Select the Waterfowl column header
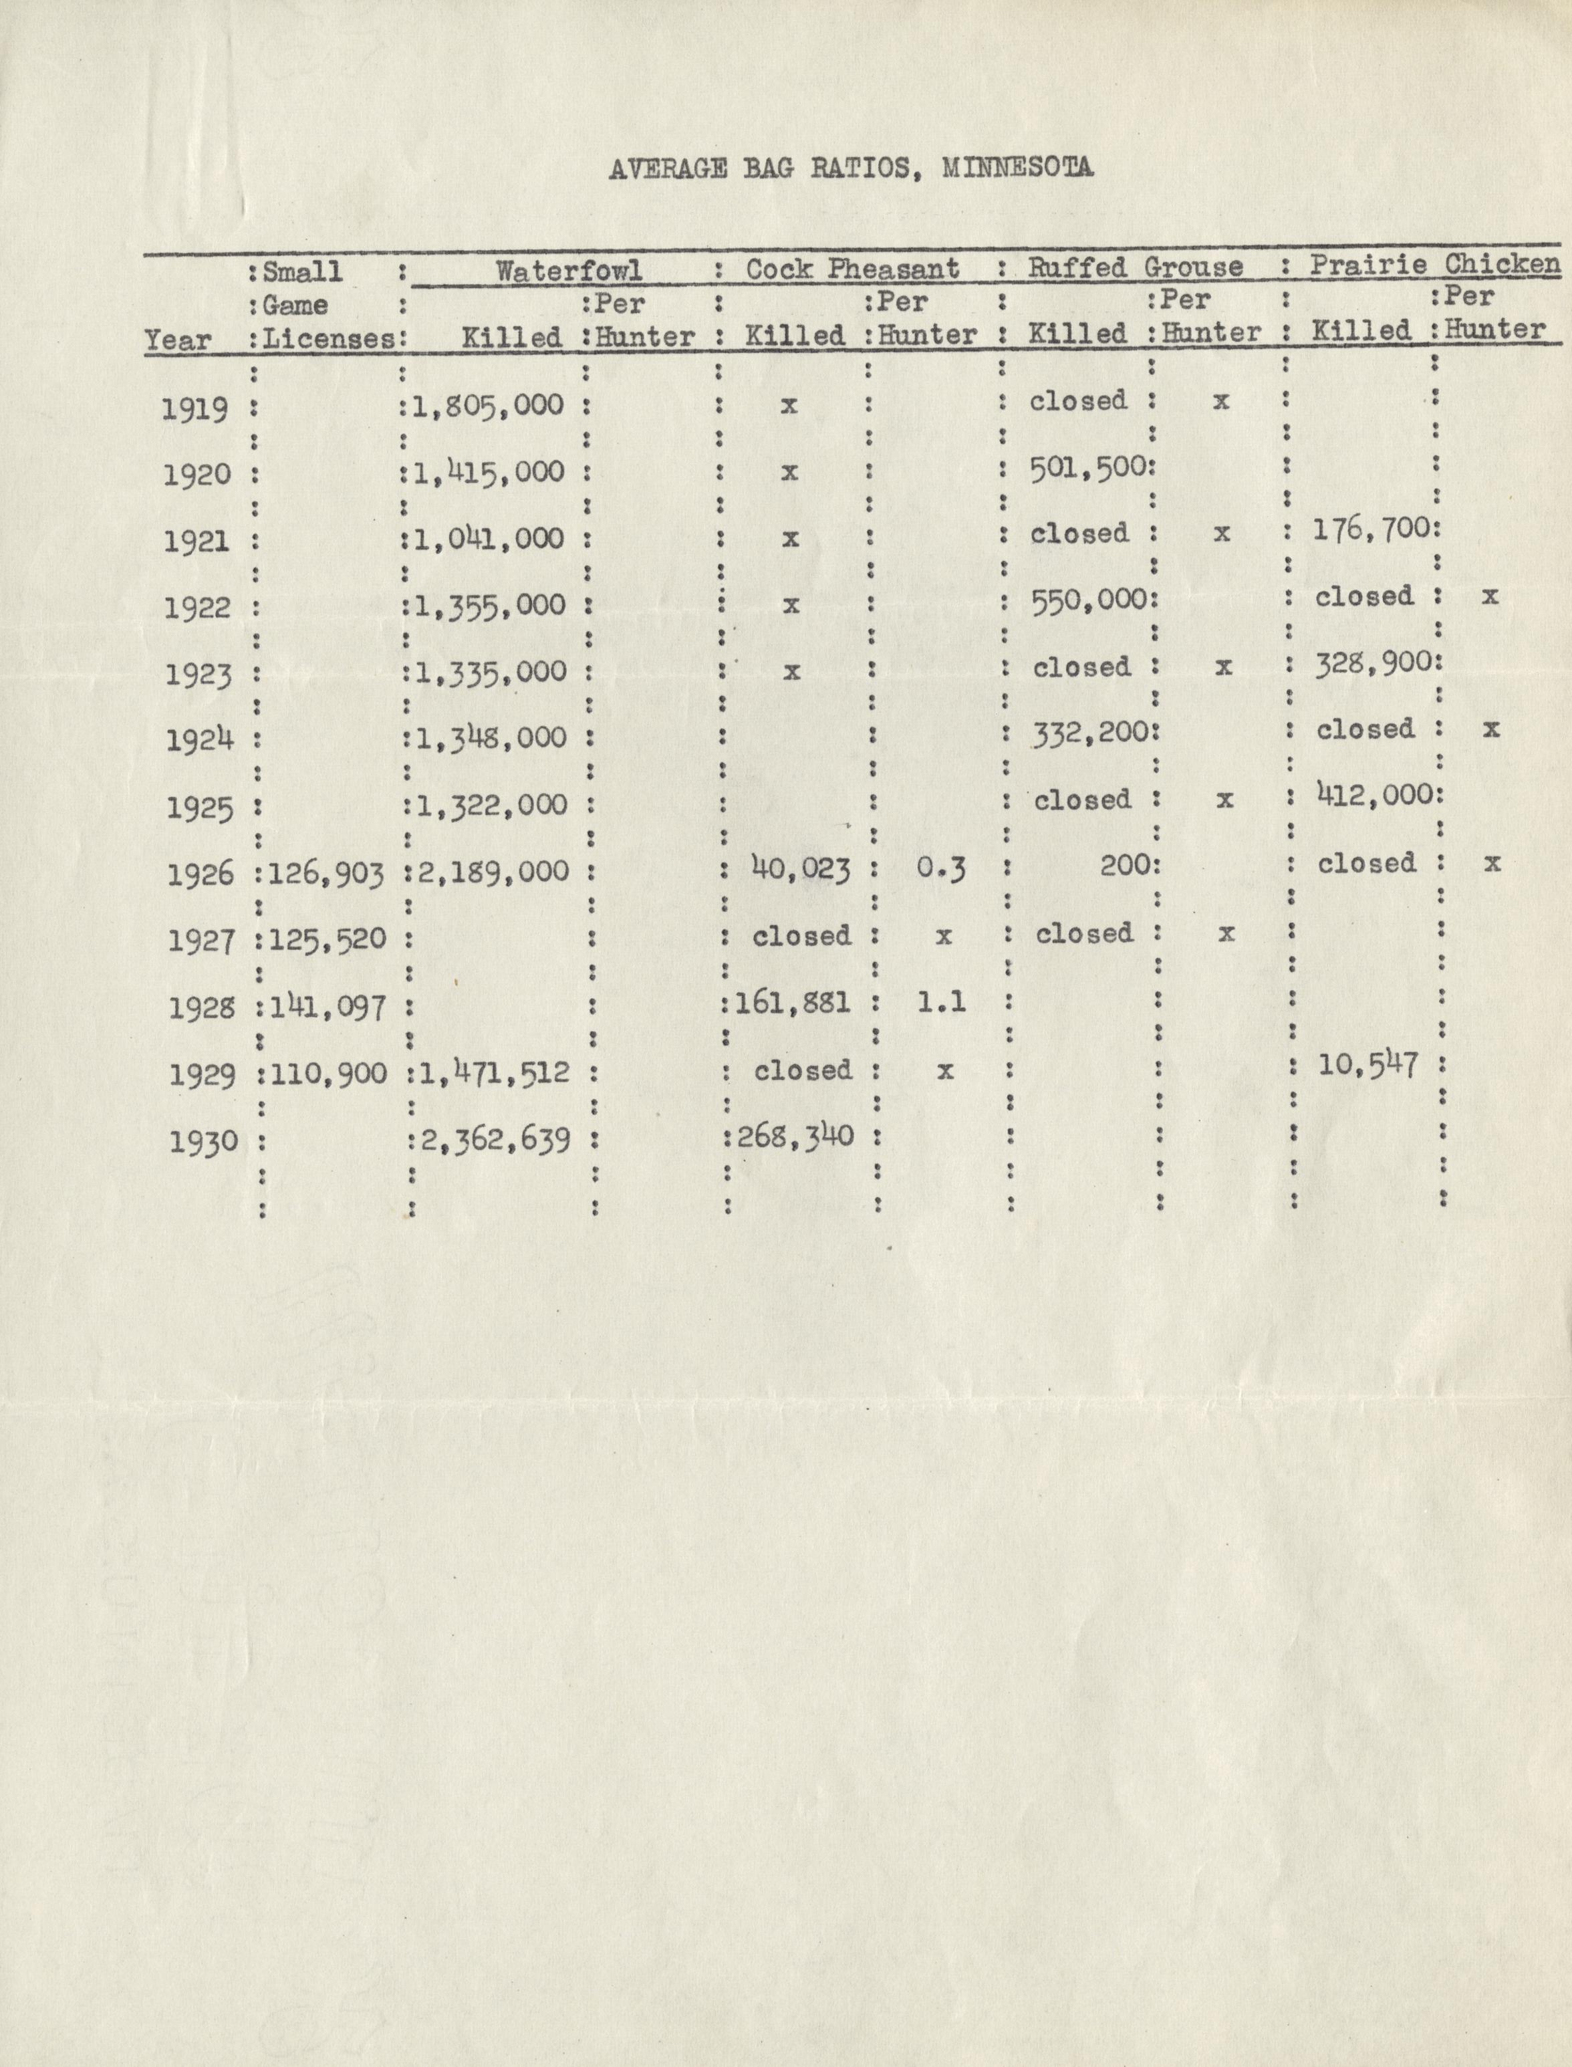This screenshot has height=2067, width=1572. (x=568, y=271)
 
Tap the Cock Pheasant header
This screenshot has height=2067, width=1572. (x=851, y=269)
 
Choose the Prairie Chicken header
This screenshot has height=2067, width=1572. (x=1434, y=265)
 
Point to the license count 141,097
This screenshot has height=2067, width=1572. (x=327, y=1007)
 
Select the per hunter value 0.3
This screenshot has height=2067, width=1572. (x=940, y=868)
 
